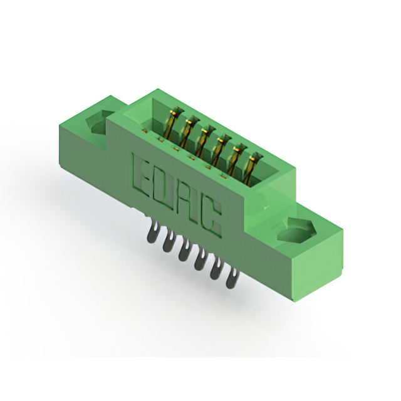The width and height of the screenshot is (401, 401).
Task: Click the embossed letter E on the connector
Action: click(140, 174)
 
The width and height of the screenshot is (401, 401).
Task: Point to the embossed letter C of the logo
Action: click(213, 218)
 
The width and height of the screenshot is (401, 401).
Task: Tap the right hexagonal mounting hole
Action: click(296, 229)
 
